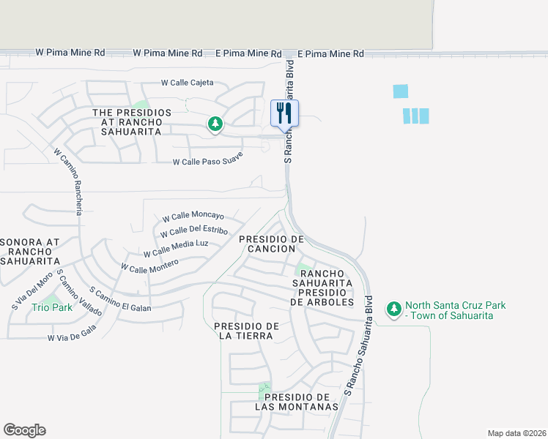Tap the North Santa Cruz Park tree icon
(394, 309)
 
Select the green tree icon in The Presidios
(215, 124)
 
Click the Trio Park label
(52, 307)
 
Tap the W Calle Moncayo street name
(193, 217)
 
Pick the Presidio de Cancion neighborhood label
(271, 244)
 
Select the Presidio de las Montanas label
(296, 402)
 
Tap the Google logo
(24, 430)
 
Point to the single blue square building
(400, 91)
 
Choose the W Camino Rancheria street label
(70, 181)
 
